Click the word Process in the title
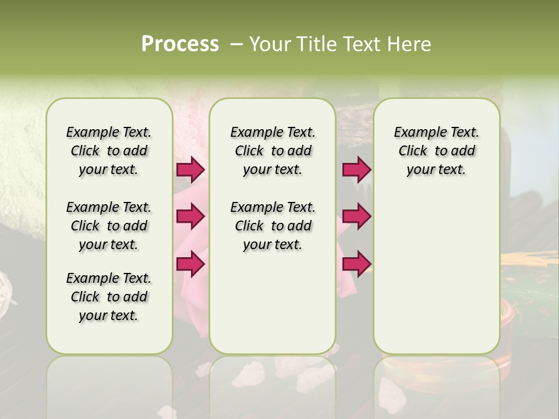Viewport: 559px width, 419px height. pyautogui.click(x=180, y=44)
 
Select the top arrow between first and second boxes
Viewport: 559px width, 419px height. pyautogui.click(x=190, y=169)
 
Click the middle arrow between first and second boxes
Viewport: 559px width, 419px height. pyautogui.click(x=190, y=216)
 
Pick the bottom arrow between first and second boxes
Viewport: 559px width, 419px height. pyautogui.click(x=190, y=264)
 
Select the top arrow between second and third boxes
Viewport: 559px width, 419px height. pyautogui.click(x=356, y=169)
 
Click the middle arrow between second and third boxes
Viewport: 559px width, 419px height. pyautogui.click(x=356, y=216)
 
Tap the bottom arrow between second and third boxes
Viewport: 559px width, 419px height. pyautogui.click(x=356, y=264)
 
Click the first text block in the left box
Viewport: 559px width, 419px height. pyautogui.click(x=109, y=151)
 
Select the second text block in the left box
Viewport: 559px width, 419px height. pyautogui.click(x=109, y=226)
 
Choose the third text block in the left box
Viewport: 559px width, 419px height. pyautogui.click(x=109, y=297)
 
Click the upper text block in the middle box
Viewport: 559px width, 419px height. pyautogui.click(x=273, y=151)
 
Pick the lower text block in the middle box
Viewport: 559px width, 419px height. pyautogui.click(x=273, y=226)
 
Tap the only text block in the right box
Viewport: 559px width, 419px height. pyautogui.click(x=436, y=151)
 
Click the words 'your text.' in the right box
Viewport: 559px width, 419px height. pyautogui.click(x=436, y=170)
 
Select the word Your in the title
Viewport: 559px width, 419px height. pyautogui.click(x=268, y=44)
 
